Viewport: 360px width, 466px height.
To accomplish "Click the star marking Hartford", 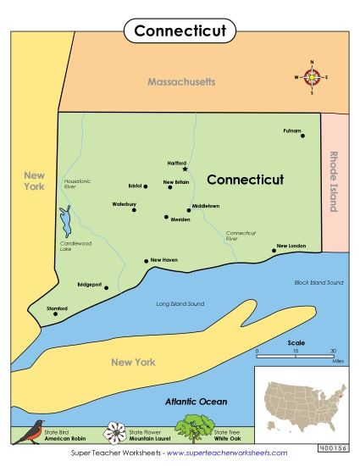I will [185, 169].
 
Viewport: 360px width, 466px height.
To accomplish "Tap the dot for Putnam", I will [302, 136].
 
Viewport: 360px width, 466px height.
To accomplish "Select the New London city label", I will [289, 246].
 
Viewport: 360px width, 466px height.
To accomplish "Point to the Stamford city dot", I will [56, 313].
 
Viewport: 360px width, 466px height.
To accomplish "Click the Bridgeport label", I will [89, 285].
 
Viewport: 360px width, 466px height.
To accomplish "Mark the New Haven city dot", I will [147, 261].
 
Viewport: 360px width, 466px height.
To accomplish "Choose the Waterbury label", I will [124, 204].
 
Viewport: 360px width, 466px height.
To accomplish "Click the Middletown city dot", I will [188, 209].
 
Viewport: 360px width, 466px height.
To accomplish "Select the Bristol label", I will [134, 185].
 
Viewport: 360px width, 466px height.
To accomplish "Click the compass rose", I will [313, 77].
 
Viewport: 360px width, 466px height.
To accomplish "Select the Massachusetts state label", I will [181, 82].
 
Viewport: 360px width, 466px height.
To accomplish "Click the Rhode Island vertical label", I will [333, 181].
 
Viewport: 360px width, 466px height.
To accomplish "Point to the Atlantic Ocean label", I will [196, 402].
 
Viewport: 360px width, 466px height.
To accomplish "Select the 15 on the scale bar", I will [296, 351].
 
